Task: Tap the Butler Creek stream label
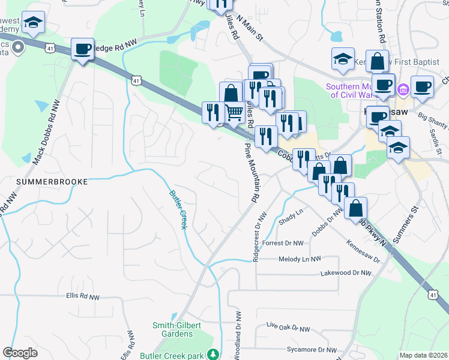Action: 178,209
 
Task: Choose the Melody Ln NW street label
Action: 300,259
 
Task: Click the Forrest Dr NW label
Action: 283,243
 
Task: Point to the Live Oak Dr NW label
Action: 288,329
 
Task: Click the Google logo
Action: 20,353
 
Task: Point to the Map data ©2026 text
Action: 423,355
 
